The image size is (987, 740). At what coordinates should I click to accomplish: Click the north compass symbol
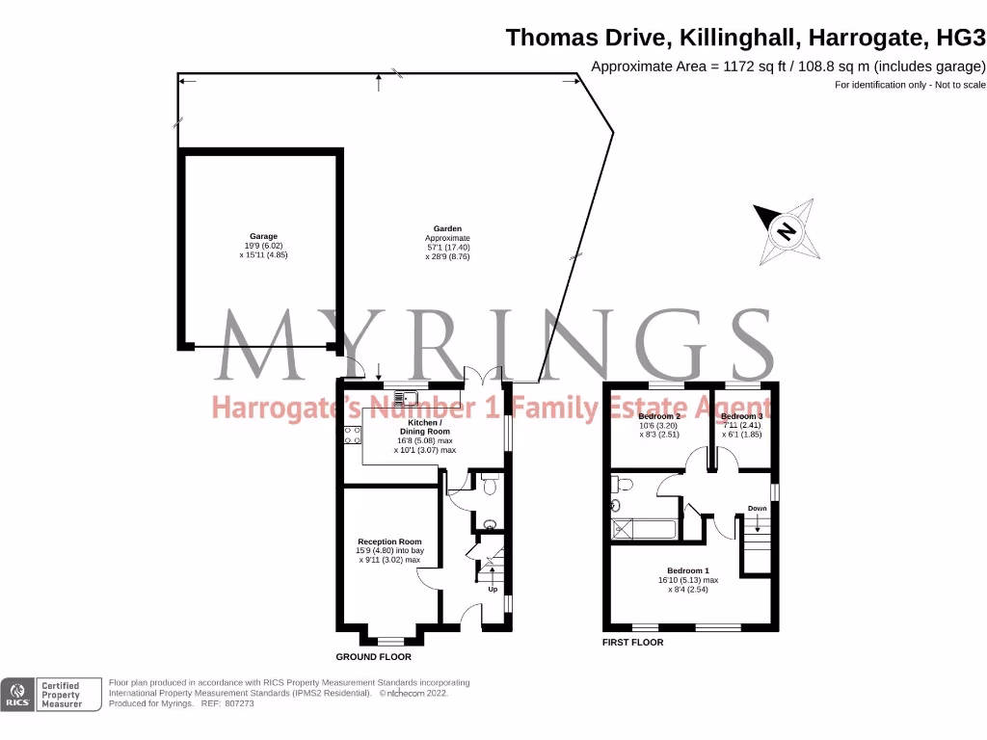point(787,231)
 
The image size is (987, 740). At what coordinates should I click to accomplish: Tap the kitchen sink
point(408,394)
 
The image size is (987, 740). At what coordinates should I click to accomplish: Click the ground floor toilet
point(490,488)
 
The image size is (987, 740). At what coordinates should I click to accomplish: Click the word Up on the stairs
point(493,589)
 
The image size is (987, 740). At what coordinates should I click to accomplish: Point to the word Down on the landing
point(757,508)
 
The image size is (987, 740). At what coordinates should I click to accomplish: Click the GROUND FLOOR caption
point(373,657)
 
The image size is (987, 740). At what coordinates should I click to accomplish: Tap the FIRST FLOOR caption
point(632,642)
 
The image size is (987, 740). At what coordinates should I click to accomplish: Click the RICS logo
point(16,695)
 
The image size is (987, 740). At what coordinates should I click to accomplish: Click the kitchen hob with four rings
point(347,435)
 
